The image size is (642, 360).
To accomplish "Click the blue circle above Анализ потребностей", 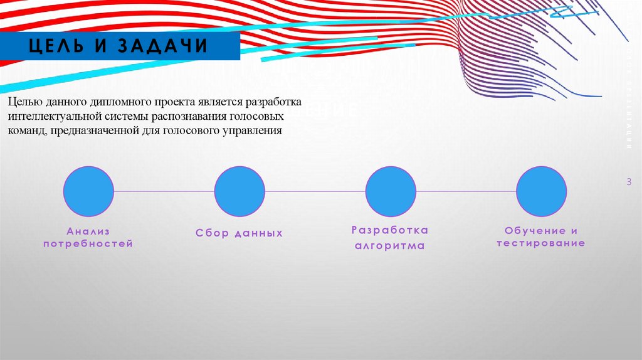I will tap(88, 191).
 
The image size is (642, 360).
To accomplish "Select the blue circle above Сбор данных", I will tap(239, 191).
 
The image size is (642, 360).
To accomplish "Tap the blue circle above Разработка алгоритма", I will tap(391, 191).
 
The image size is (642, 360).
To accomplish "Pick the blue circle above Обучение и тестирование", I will tap(541, 191).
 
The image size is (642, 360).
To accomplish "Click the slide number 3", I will tap(629, 182).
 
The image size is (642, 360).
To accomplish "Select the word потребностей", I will tap(88, 244).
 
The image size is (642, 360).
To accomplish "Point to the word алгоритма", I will tap(390, 246).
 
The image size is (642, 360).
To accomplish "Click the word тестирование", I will tap(541, 243).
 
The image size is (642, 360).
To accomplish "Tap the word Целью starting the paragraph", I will tap(24, 102).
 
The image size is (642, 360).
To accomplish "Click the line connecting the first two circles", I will tap(164, 191).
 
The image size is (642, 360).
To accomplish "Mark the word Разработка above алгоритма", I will tap(390, 230).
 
